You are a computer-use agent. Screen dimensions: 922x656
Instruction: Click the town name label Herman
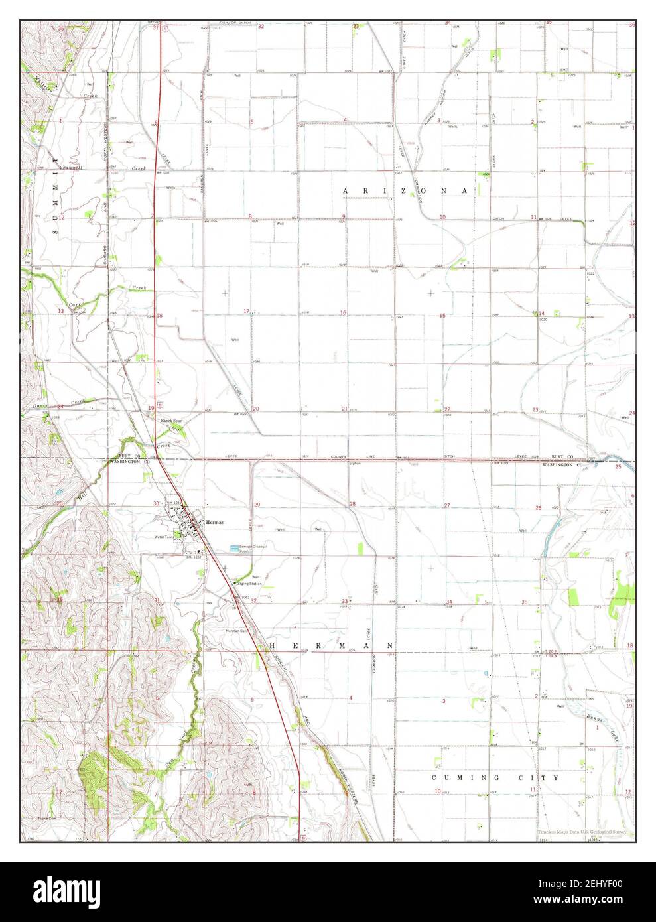(215, 522)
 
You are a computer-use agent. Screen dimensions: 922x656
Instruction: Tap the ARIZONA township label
(405, 190)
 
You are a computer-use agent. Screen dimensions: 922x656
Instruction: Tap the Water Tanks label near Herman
(163, 537)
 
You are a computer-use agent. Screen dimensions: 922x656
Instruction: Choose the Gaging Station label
(249, 583)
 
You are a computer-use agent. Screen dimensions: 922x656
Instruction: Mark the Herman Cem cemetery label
(236, 630)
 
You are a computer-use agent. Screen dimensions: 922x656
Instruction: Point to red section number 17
(246, 311)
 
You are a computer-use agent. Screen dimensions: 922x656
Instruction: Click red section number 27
(447, 505)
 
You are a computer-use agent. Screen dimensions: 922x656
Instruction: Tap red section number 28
(353, 505)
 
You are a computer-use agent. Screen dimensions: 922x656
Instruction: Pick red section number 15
(442, 315)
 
